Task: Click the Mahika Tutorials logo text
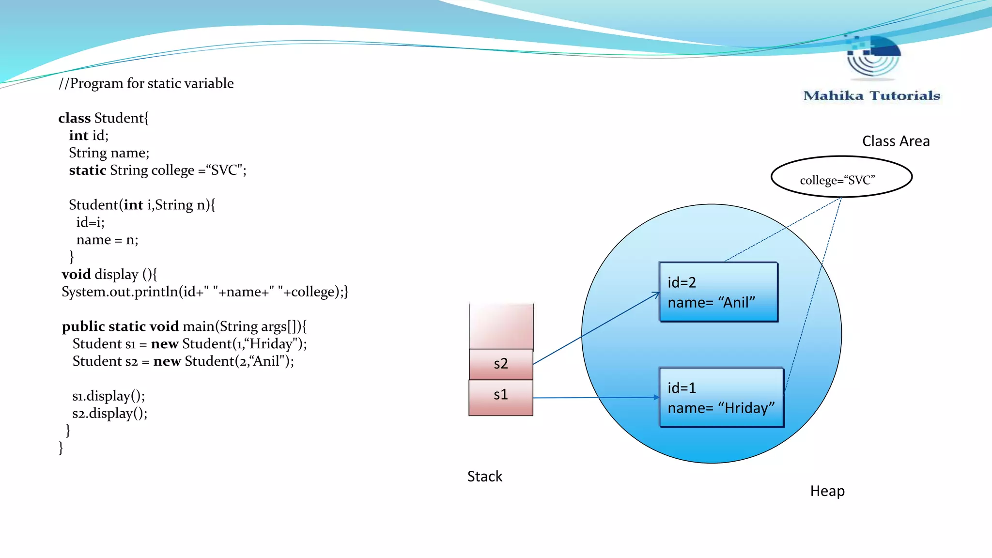pyautogui.click(x=871, y=95)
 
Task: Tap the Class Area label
pyautogui.click(x=896, y=141)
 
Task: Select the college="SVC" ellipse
pyautogui.click(x=841, y=177)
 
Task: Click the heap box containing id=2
pyautogui.click(x=718, y=292)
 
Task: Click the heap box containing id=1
pyautogui.click(x=721, y=397)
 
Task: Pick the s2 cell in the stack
pyautogui.click(x=501, y=364)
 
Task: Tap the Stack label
pyautogui.click(x=484, y=476)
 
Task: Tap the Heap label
pyautogui.click(x=827, y=491)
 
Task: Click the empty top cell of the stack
pyautogui.click(x=501, y=326)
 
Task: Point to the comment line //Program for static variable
pyautogui.click(x=146, y=83)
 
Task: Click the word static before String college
pyautogui.click(x=87, y=170)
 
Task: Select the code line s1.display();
pyautogui.click(x=108, y=396)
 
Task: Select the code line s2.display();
pyautogui.click(x=109, y=413)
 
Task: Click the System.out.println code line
pyautogui.click(x=204, y=292)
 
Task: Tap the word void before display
pyautogui.click(x=76, y=274)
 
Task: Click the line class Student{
pyautogui.click(x=103, y=118)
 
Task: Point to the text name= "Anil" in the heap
pyautogui.click(x=711, y=303)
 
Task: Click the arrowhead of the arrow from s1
pyautogui.click(x=656, y=397)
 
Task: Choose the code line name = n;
pyautogui.click(x=107, y=240)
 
